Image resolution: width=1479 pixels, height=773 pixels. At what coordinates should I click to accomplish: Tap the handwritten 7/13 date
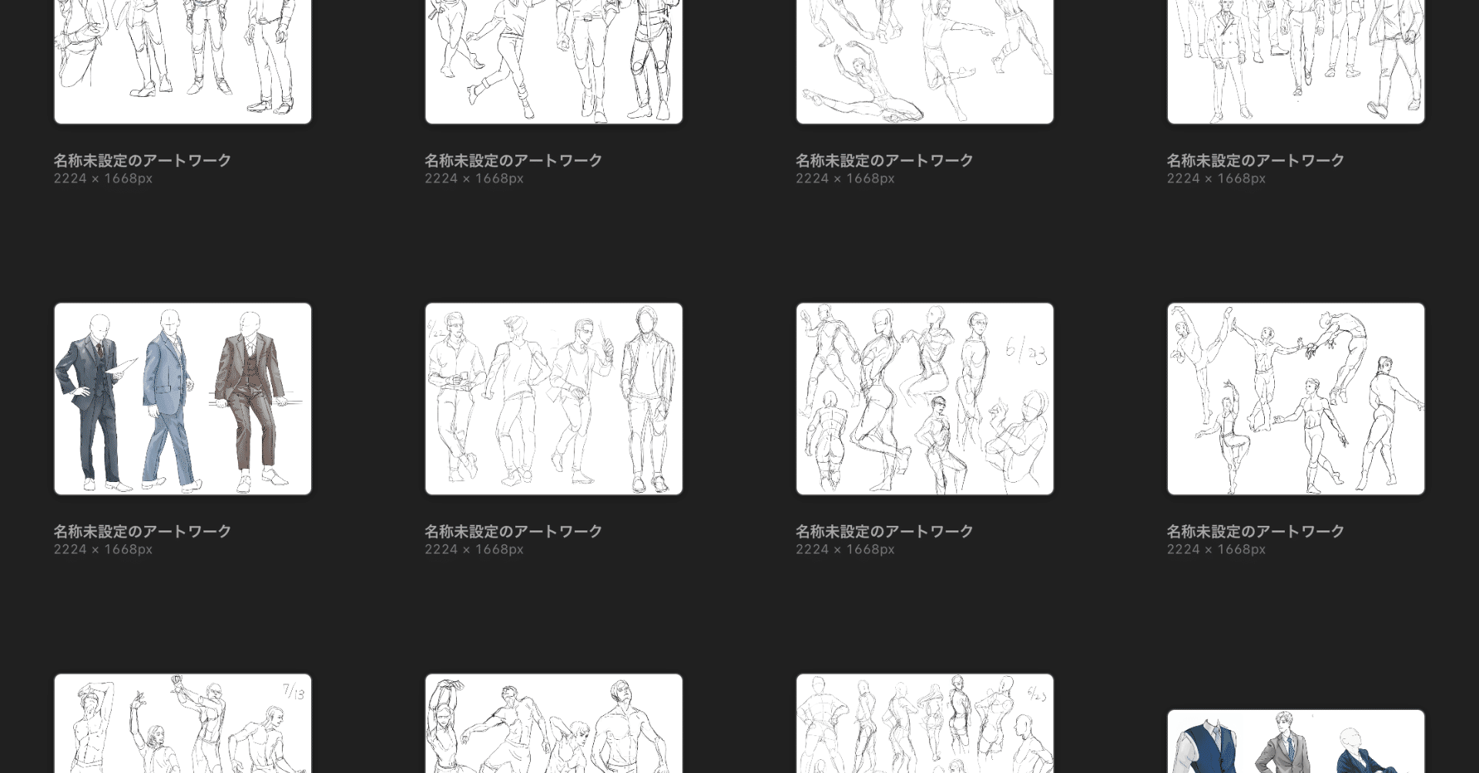[293, 691]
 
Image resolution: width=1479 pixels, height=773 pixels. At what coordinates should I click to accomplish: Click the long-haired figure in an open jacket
[648, 400]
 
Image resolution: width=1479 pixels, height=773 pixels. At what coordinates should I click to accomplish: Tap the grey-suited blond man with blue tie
[1285, 743]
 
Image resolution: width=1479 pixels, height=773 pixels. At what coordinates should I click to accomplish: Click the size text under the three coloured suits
[103, 550]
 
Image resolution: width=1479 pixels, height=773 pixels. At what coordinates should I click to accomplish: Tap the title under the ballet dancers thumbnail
[1255, 531]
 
